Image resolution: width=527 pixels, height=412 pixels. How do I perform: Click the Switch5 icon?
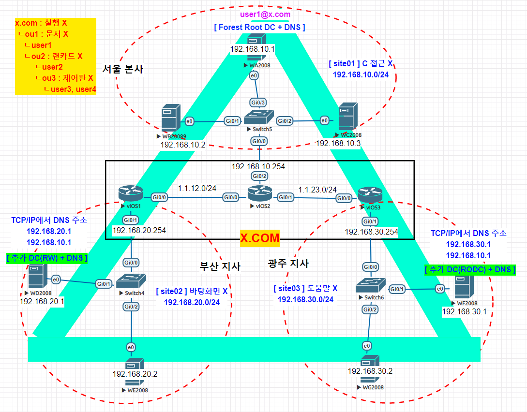point(258,118)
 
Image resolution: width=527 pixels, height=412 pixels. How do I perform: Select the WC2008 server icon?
point(348,116)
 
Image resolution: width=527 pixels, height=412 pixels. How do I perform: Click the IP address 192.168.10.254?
point(258,166)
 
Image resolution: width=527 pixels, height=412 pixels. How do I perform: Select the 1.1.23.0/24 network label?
point(317,190)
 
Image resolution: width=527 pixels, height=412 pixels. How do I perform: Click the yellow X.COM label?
point(260,238)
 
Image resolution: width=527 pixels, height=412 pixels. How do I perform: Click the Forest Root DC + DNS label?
point(259,27)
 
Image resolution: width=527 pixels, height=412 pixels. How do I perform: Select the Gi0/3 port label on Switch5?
point(258,102)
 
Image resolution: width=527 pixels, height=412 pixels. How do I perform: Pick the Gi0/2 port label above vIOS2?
point(258,176)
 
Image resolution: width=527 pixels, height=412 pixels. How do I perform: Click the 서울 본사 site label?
point(123,69)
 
